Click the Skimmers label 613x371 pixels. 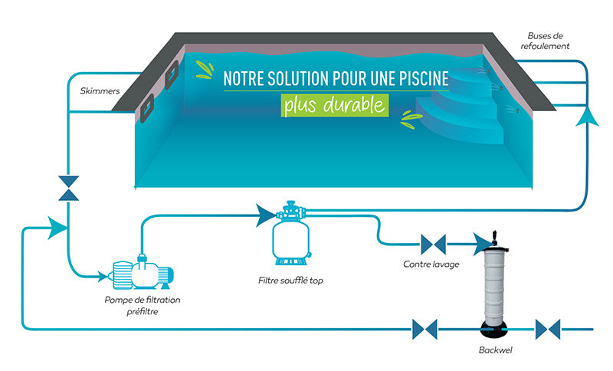point(100,90)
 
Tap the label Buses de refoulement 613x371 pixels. point(545,41)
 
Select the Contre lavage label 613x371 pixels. point(431,264)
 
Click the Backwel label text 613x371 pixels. point(495,350)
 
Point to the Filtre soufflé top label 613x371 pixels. point(290,281)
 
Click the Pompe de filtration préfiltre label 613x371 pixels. point(143,306)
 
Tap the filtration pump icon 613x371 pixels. point(141,272)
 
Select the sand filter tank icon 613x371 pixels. point(290,233)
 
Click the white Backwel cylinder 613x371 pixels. point(494,285)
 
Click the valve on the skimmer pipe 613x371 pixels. point(68,188)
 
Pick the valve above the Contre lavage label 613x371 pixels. point(433,245)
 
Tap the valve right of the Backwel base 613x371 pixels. point(548,329)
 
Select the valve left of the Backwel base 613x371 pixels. point(425,329)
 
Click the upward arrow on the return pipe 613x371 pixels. point(587,117)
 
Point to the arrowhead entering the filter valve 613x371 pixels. point(266,215)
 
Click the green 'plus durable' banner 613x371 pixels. point(335,105)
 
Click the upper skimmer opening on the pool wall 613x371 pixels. point(172,74)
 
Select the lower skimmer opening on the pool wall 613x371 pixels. point(147,108)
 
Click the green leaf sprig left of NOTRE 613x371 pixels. point(205,70)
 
